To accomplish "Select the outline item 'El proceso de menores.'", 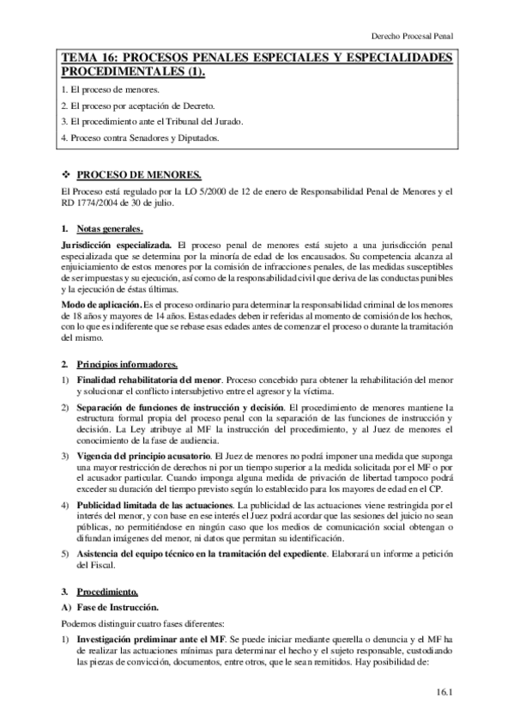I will click(116, 89).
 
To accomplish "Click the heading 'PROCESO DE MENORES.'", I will click(133, 173).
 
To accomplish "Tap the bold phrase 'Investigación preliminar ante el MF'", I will click(151, 616).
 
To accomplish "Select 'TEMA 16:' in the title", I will click(88, 58).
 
